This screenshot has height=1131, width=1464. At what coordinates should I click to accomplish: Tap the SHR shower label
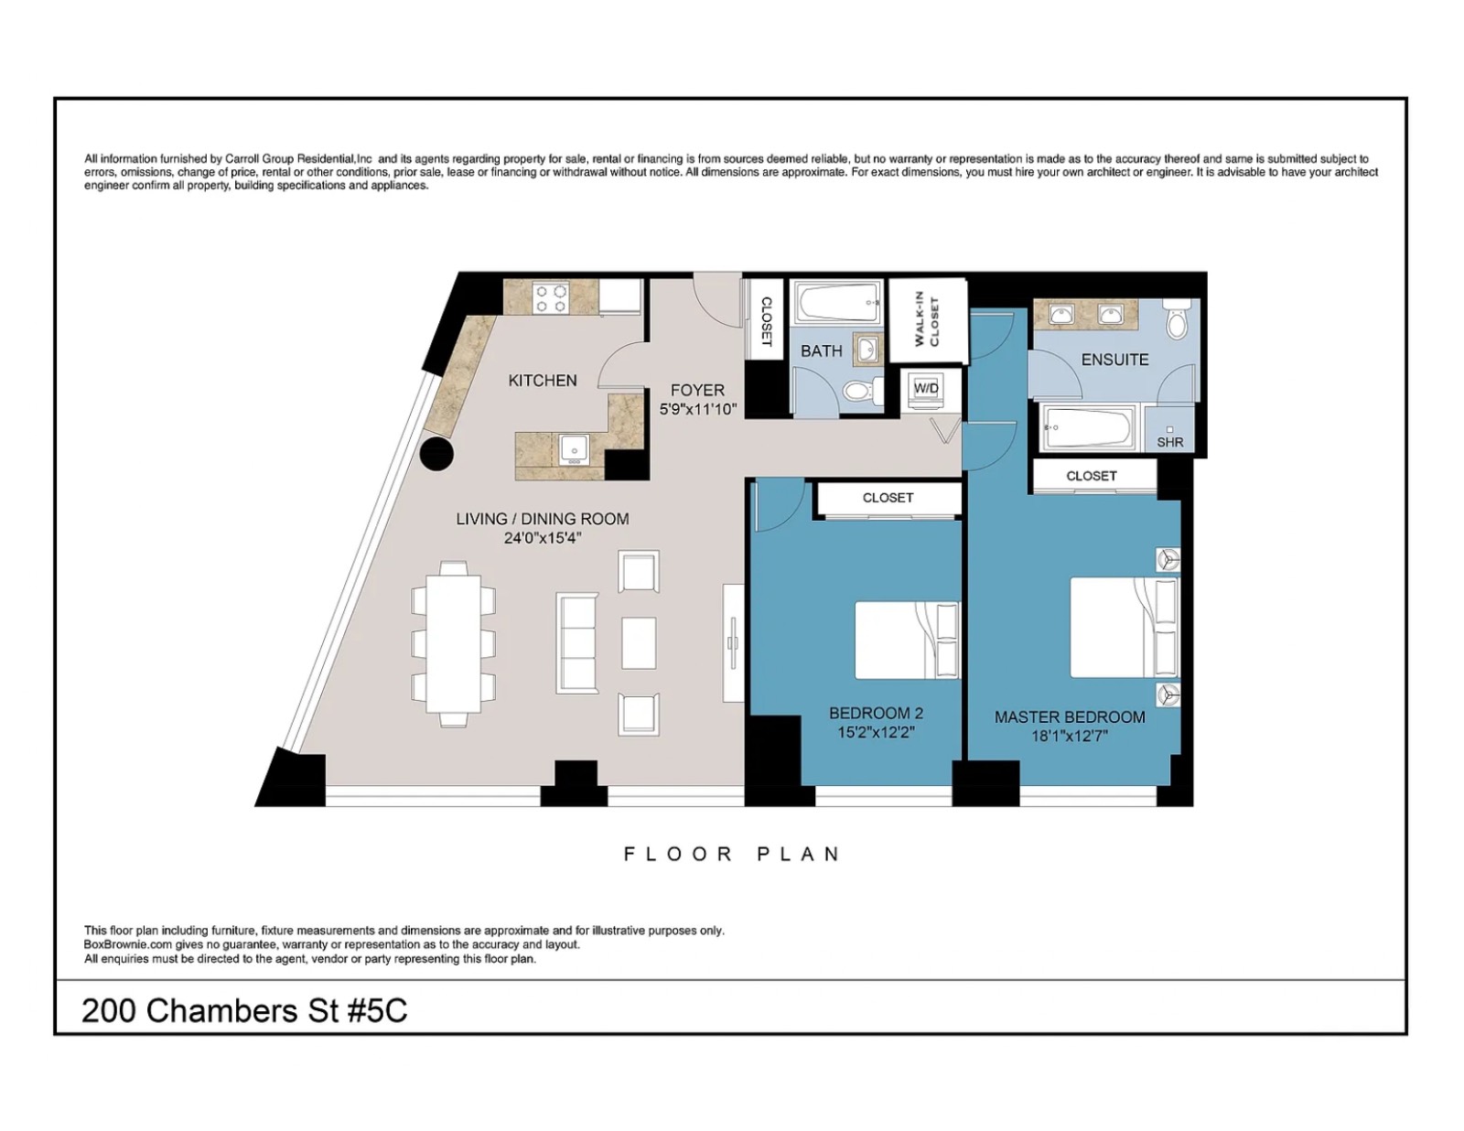click(1169, 442)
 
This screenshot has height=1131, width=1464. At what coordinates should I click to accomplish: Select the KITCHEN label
click(543, 380)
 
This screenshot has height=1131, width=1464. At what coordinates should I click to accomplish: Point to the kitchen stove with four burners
click(552, 298)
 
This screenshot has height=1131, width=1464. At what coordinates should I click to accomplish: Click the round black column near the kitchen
click(437, 454)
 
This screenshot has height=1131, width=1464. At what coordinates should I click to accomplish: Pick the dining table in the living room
click(454, 643)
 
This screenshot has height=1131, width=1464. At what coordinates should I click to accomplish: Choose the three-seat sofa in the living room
click(577, 642)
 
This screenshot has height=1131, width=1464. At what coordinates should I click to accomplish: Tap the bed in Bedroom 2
click(906, 640)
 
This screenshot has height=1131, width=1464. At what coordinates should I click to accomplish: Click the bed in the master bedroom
click(1123, 627)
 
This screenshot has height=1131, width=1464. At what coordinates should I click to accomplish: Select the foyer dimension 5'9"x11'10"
click(697, 409)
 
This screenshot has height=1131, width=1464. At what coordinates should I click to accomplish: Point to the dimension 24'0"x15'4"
click(542, 538)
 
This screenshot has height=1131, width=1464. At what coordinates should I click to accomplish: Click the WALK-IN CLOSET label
click(927, 319)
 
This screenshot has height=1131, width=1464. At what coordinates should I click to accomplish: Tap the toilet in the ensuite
click(1177, 320)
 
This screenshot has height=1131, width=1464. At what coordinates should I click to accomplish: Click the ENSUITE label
click(1114, 360)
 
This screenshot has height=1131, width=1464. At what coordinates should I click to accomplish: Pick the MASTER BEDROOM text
click(1069, 717)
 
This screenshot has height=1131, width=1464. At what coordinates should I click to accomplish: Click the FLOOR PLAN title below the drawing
click(731, 854)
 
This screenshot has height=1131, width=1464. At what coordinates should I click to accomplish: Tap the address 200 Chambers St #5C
click(244, 1010)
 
